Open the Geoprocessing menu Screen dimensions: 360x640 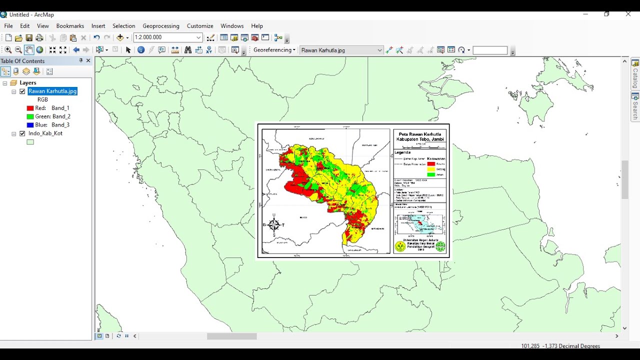coord(160,26)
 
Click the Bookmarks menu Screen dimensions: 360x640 coord(70,26)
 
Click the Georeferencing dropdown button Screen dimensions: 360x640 coord(274,50)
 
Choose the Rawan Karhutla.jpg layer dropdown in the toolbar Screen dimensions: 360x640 coord(341,50)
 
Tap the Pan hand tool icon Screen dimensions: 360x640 coord(29,50)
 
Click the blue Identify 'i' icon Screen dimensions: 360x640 coord(141,50)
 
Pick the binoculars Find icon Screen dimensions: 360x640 coord(188,50)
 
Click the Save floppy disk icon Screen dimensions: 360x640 coord(29,38)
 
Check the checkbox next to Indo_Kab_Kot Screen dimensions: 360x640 coord(22,133)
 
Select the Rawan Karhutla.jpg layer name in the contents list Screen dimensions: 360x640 coord(52,91)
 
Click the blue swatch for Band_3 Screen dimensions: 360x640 coord(30,125)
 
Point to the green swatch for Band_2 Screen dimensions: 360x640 coord(30,116)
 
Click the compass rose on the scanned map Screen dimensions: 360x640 coord(274,225)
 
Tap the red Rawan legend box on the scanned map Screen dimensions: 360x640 coord(431,164)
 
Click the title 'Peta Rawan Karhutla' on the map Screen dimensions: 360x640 coord(419,134)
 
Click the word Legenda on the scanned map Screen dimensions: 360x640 coord(402,152)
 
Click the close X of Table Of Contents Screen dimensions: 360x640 coord(88,60)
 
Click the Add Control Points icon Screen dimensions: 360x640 coord(389,50)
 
